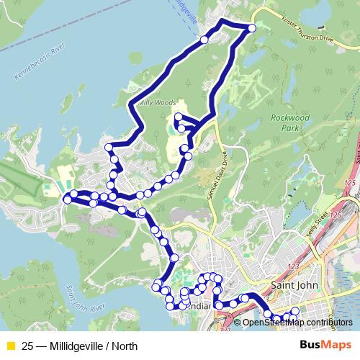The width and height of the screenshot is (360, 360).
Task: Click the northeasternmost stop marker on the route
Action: coord(252,28)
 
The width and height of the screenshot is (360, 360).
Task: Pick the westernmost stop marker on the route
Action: coord(68,199)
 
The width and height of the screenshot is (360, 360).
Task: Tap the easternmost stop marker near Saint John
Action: coord(294,311)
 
